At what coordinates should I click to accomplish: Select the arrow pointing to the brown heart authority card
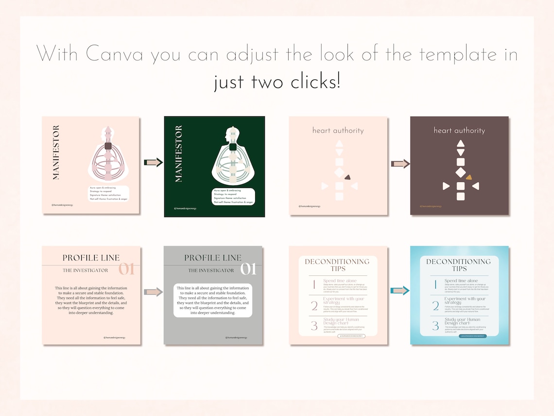pos(400,164)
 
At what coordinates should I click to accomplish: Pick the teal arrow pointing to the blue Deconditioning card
pos(400,291)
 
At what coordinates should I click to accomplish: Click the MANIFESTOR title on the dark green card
pos(178,154)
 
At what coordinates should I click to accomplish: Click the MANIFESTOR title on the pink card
pos(56,153)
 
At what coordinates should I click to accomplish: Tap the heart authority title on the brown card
pos(459,130)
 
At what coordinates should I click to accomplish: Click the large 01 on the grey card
pos(248,269)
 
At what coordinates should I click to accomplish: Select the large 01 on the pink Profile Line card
pos(127,269)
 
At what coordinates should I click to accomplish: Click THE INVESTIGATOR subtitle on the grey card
pos(211,271)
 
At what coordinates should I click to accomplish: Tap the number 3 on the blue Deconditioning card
pos(436,325)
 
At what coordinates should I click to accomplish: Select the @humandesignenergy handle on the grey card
pos(236,337)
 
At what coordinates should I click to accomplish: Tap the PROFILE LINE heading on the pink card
pos(91,258)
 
